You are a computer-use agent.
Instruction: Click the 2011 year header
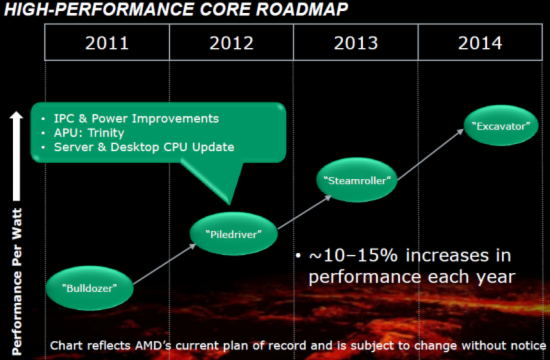[107, 43]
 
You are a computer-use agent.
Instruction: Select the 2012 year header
[231, 43]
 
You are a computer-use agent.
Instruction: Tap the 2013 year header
[356, 43]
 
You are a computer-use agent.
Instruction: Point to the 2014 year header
[480, 43]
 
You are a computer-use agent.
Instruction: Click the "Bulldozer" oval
[89, 288]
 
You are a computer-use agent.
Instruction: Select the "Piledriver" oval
[234, 234]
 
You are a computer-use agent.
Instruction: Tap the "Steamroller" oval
[357, 180]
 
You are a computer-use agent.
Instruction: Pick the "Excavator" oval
[501, 126]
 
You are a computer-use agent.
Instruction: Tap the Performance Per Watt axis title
[16, 281]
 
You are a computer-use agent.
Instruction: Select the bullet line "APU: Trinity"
[89, 133]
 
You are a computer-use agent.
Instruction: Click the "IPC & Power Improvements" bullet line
[136, 119]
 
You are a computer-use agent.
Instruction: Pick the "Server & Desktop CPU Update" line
[144, 147]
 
